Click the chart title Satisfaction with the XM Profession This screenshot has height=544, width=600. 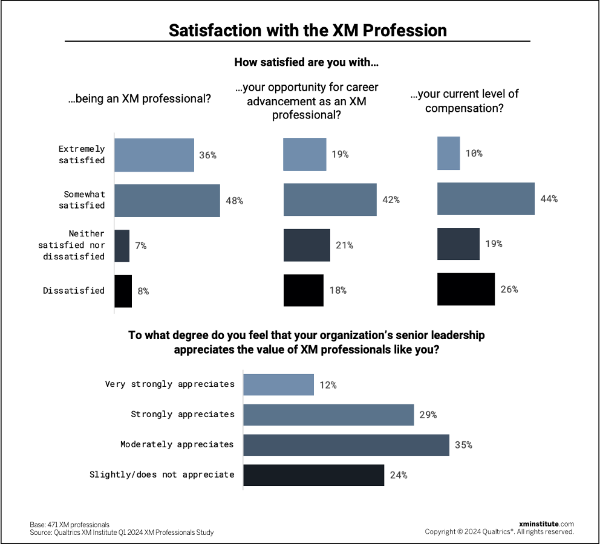click(x=308, y=31)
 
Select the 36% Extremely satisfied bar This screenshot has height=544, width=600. click(x=154, y=155)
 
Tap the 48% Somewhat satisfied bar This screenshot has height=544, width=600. click(x=167, y=200)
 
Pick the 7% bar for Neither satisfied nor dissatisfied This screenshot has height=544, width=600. click(x=122, y=245)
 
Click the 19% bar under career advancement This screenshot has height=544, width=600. click(x=305, y=154)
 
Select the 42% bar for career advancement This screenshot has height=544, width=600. click(x=330, y=199)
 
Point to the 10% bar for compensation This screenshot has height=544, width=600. click(x=448, y=153)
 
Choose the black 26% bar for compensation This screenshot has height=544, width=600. click(x=466, y=289)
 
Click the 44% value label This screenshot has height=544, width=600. click(x=549, y=199)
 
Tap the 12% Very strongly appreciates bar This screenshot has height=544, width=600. click(x=278, y=384)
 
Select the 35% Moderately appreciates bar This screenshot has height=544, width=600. click(x=346, y=445)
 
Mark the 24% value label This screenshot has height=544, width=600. click(x=398, y=475)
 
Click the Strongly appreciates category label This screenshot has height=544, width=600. click(x=183, y=414)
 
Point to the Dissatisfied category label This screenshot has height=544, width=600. click(x=74, y=290)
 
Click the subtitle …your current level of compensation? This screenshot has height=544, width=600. click(x=464, y=101)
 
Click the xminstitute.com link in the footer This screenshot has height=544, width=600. click(x=546, y=523)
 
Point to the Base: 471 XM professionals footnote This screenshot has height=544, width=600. click(x=70, y=524)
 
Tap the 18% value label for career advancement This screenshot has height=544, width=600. click(x=337, y=290)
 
